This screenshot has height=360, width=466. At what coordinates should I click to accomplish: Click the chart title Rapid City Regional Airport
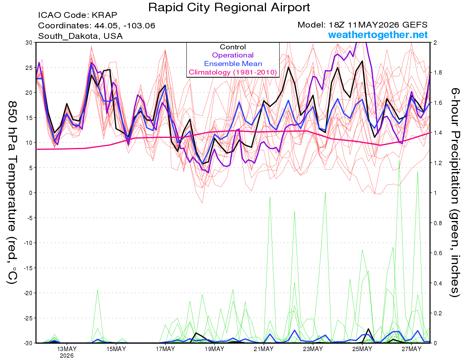[229, 7]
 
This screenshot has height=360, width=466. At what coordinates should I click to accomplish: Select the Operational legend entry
[233, 55]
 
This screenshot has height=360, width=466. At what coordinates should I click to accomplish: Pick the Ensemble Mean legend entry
[233, 64]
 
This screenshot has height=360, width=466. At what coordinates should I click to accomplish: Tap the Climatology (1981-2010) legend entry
[233, 72]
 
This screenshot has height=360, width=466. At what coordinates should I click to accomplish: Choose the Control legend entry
[233, 47]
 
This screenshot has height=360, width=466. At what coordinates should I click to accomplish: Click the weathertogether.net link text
[378, 35]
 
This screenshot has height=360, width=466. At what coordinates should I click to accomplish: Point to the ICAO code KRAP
[104, 15]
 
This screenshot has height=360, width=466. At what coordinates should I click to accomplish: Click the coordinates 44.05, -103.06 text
[125, 26]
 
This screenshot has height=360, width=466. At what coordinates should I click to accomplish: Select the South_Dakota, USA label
[80, 36]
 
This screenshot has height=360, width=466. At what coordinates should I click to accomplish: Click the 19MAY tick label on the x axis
[214, 349]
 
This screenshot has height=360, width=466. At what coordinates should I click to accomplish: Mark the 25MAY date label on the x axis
[362, 349]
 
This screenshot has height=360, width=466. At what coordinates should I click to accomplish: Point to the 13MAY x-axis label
[67, 349]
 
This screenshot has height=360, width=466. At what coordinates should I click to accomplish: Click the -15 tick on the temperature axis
[28, 268]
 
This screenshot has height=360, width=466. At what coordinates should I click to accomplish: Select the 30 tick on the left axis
[29, 42]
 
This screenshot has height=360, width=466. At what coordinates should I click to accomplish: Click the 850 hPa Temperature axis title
[12, 193]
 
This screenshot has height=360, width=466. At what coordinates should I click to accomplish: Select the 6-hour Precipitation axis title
[455, 193]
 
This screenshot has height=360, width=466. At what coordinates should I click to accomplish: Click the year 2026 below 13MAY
[67, 356]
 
